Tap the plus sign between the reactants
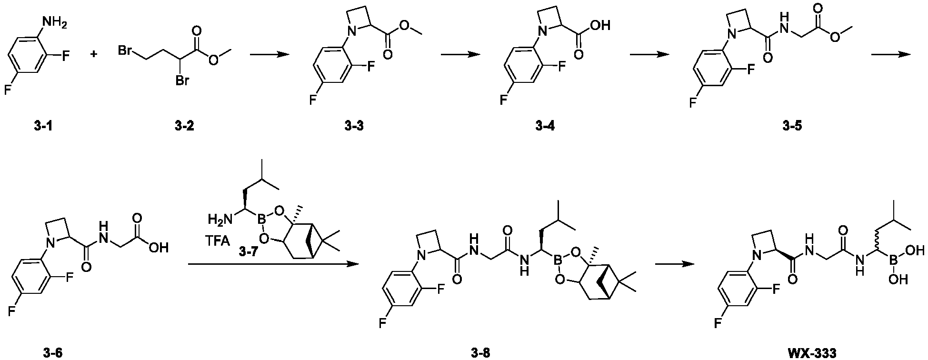[94, 54]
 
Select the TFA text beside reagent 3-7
[219, 242]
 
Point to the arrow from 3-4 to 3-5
[649, 54]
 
